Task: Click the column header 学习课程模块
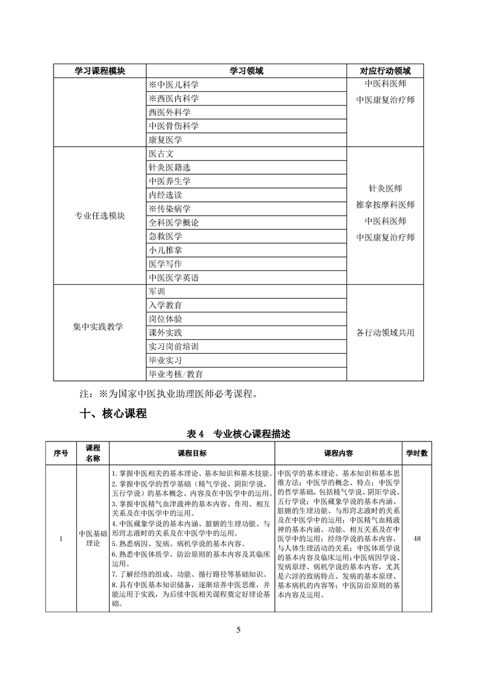(x=99, y=71)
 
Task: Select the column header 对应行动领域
(x=385, y=71)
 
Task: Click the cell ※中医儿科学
(x=173, y=85)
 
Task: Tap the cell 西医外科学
(x=169, y=112)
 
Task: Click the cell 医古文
(x=161, y=154)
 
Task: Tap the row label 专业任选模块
(x=99, y=216)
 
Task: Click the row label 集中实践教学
(x=99, y=327)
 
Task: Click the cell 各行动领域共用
(x=385, y=332)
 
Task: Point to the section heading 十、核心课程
(x=113, y=414)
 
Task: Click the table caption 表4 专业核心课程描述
(x=239, y=435)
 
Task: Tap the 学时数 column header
(x=417, y=453)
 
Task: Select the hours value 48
(x=417, y=538)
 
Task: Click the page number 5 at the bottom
(x=239, y=630)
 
